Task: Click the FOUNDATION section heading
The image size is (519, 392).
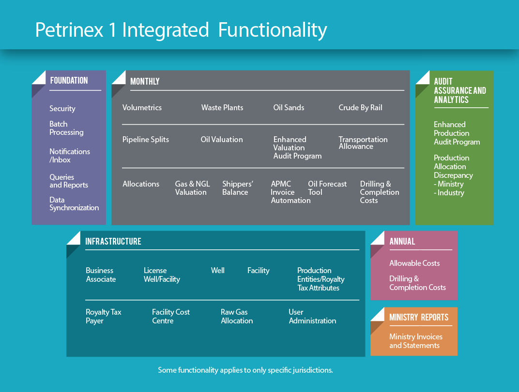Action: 69,81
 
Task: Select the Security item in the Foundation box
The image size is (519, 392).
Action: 62,109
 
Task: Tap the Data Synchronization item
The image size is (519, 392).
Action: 74,204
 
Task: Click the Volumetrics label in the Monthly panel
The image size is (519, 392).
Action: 142,108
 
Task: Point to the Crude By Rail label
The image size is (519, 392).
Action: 360,108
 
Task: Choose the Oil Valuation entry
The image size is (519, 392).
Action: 222,140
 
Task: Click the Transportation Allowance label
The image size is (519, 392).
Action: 363,143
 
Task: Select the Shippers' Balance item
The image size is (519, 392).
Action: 237,188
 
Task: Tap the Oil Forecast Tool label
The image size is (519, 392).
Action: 327,188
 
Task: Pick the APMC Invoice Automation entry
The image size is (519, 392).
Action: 290,192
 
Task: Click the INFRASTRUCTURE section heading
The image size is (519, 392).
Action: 113,241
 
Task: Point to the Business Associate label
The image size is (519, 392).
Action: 100,275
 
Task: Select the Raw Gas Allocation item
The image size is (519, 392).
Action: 237,317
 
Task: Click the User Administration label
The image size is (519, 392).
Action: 312,317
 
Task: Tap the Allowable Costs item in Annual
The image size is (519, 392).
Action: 414,263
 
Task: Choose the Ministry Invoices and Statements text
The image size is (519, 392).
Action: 415,341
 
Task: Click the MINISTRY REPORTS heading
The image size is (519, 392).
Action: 419,318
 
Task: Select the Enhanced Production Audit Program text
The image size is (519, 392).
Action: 457,133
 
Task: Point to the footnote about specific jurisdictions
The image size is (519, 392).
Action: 245,370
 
